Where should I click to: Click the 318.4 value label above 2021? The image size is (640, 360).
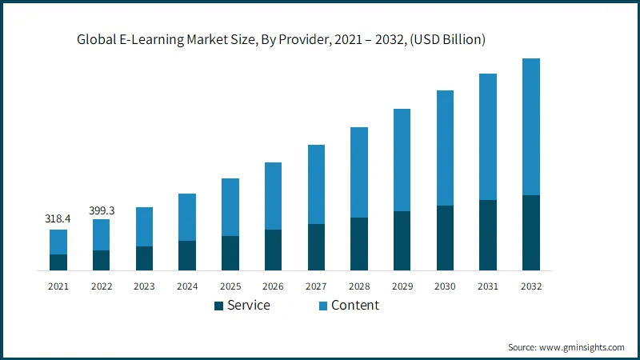[58, 218]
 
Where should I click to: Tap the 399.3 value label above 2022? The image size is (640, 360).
[101, 210]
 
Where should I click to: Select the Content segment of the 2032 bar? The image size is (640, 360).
[530, 126]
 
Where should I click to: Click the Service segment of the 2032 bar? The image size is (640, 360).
[530, 233]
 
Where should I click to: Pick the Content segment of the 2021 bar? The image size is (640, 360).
[58, 242]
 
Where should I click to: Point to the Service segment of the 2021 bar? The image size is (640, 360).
[58, 262]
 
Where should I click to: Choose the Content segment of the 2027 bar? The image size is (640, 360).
[316, 184]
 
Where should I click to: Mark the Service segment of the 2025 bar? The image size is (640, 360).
[230, 253]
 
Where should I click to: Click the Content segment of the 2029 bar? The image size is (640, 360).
[402, 160]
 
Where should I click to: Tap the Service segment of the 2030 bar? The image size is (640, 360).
[445, 238]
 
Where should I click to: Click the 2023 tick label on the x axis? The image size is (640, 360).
[144, 286]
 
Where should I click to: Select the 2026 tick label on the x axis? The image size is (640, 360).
[273, 286]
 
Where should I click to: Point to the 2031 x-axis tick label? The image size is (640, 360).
[487, 286]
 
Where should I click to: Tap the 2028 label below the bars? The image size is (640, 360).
[358, 286]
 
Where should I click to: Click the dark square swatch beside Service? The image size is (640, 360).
[218, 306]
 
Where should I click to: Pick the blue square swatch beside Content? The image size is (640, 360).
[323, 306]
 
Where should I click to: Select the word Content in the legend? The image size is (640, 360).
[355, 306]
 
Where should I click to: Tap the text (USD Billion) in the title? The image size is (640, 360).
[446, 38]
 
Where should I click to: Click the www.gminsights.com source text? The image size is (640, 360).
[581, 347]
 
